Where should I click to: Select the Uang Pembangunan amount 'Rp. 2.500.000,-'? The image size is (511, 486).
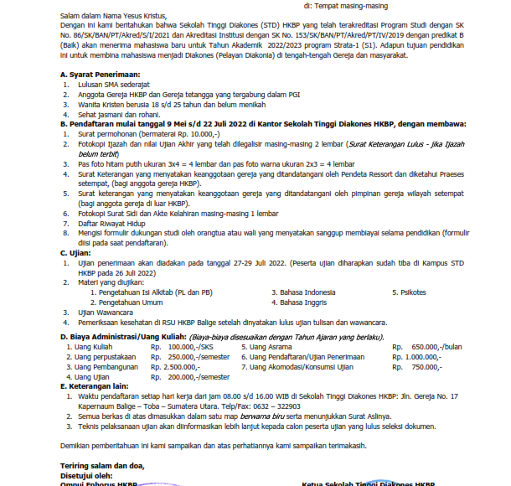pyautogui.click(x=181, y=366)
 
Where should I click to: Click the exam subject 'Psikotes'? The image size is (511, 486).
pyautogui.click(x=409, y=292)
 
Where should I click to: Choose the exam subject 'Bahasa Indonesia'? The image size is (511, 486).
pyautogui.click(x=308, y=292)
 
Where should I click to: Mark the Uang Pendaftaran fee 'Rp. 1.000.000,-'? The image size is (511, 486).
pyautogui.click(x=424, y=356)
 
